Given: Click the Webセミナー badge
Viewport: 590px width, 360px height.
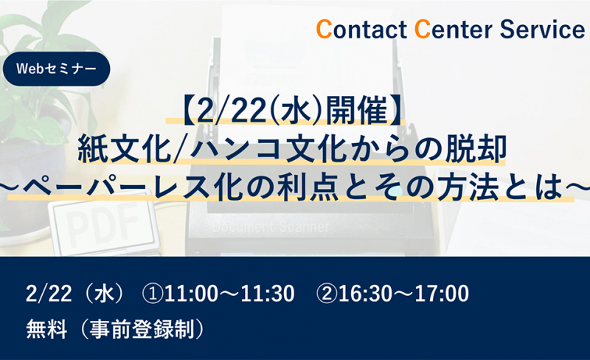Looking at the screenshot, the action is pos(56,69).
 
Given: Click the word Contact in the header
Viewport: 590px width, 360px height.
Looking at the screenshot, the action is pos(361,30).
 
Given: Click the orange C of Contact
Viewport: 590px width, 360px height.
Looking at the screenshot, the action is pos(324,30).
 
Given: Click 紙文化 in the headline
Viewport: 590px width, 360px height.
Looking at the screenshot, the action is pos(123,149).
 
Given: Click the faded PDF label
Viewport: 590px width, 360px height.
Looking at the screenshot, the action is pos(102,225).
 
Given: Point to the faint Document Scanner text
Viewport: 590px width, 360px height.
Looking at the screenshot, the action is pos(271,227).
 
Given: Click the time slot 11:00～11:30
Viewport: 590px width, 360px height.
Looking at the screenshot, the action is pos(229,294).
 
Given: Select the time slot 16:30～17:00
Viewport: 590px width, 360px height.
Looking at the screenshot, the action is pos(403,294).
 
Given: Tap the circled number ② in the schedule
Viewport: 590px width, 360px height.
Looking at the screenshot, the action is pos(327,294).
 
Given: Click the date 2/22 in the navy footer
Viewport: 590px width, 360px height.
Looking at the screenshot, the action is pos(49,294).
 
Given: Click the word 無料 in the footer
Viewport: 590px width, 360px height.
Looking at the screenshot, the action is pos(46,329).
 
